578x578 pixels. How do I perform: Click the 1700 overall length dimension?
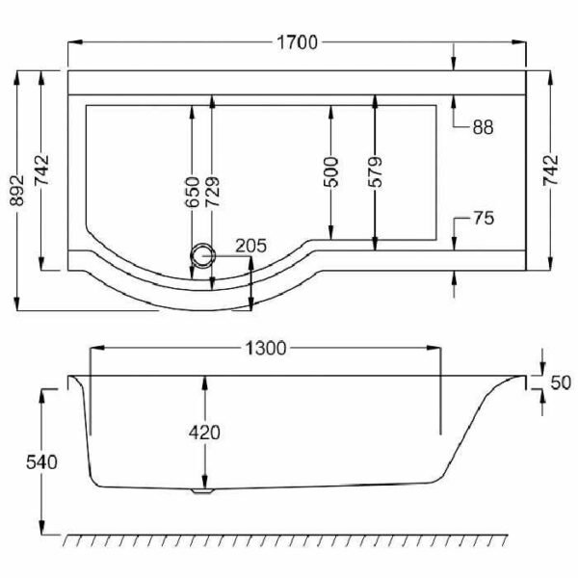coord(297,42)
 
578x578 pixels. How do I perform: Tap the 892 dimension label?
coord(17,191)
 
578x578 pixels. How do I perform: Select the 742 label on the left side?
coord(41,171)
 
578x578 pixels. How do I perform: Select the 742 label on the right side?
coord(550,171)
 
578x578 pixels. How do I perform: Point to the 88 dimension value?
coord(483,127)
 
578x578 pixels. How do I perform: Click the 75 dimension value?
coord(484,219)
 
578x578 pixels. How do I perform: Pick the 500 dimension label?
coord(331,172)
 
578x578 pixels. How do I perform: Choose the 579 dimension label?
coord(376,172)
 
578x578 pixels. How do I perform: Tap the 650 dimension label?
coord(193,192)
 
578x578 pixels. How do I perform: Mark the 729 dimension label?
coord(212,192)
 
